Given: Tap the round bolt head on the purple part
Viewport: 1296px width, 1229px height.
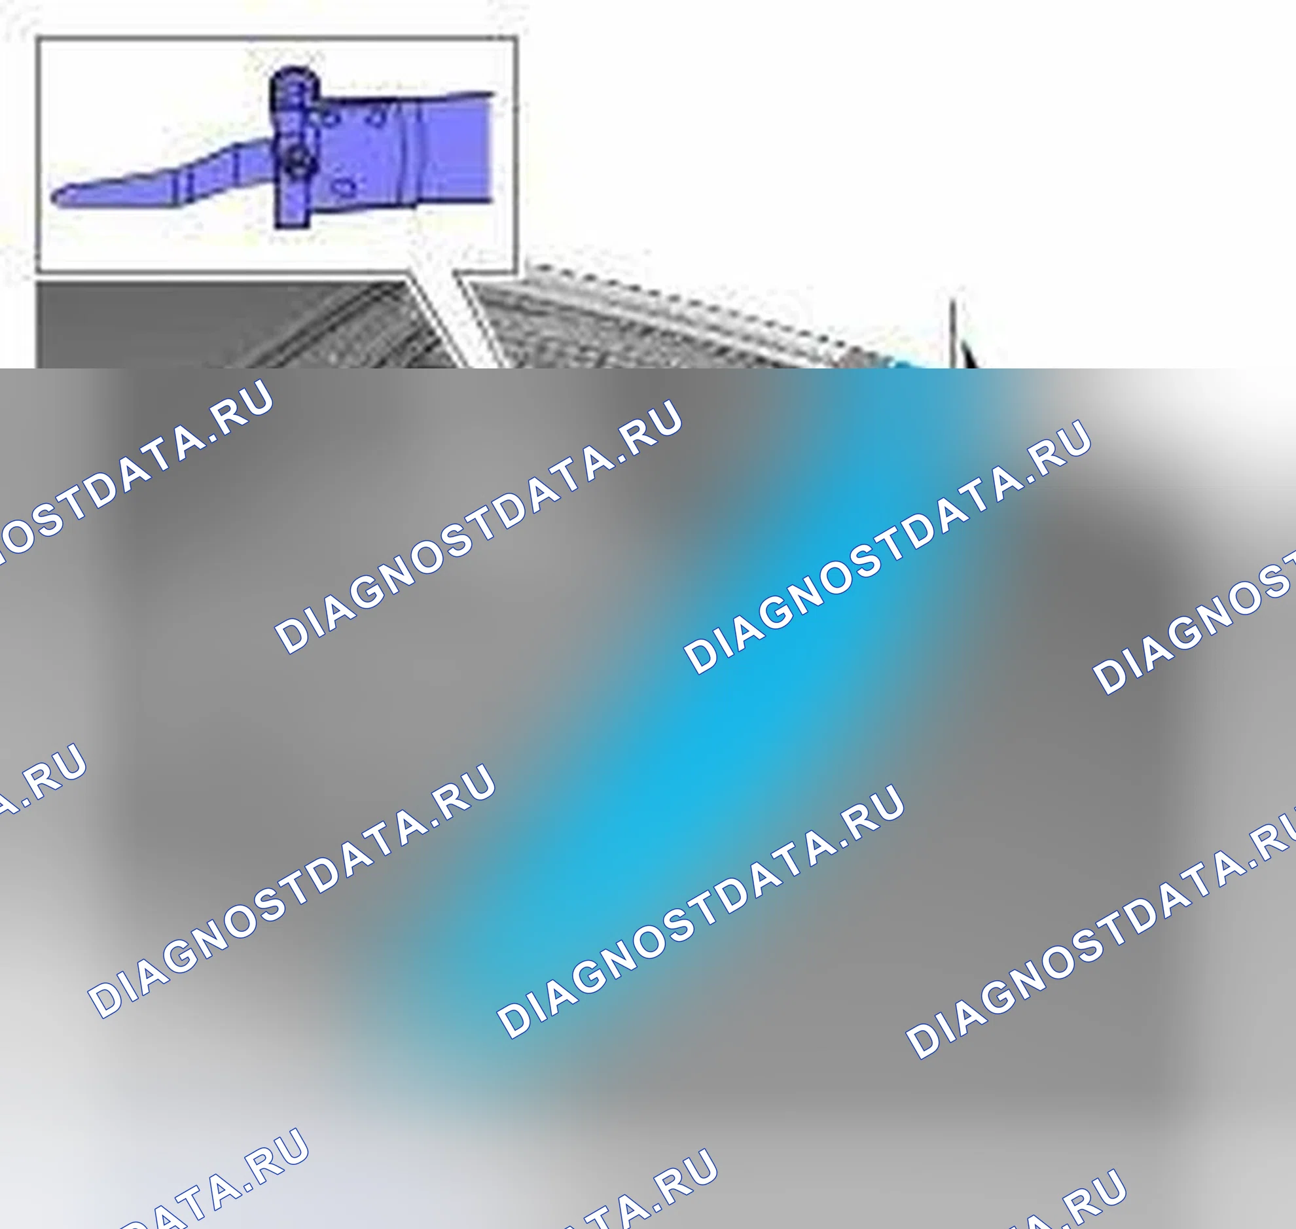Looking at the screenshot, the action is [297, 159].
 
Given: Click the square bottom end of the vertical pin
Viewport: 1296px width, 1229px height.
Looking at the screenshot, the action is [291, 219].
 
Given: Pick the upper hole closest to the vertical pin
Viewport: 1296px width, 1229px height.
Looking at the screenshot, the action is [329, 118].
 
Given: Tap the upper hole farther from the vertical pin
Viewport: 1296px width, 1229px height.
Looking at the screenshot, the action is [376, 116].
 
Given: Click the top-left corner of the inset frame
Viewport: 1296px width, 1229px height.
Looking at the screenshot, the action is [37, 38].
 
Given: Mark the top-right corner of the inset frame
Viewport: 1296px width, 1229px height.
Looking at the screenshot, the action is [517, 38].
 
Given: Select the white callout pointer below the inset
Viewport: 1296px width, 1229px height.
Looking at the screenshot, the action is [452, 308].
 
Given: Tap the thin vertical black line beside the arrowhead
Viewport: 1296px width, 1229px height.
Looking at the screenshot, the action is [953, 334].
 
